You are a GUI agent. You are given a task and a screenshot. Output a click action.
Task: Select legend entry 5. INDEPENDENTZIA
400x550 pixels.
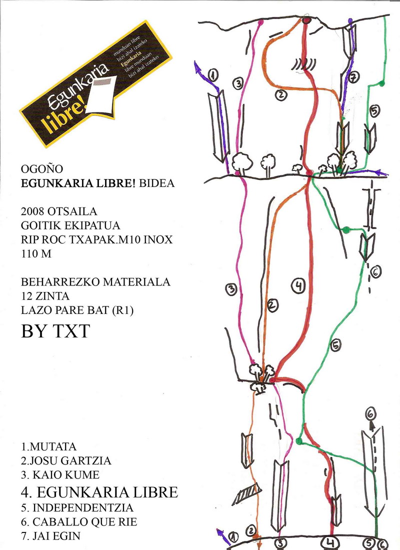click(x=77, y=508)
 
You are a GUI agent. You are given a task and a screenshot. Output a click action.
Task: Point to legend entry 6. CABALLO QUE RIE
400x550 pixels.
click(x=79, y=522)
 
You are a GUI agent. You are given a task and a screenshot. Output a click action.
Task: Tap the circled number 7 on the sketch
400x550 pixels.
click(x=353, y=77)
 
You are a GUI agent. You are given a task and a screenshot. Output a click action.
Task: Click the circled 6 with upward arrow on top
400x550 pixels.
click(x=370, y=414)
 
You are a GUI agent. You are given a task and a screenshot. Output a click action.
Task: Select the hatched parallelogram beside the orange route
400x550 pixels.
click(x=245, y=492)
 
